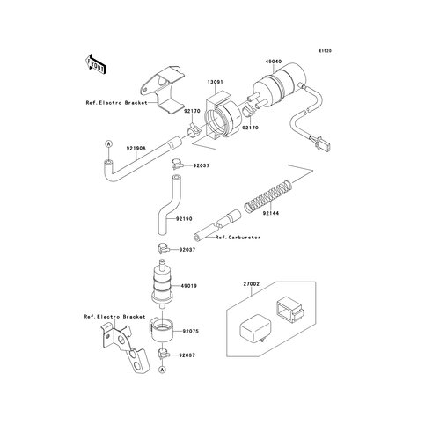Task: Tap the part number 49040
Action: pos(273,62)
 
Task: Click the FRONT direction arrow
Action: pos(95,66)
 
